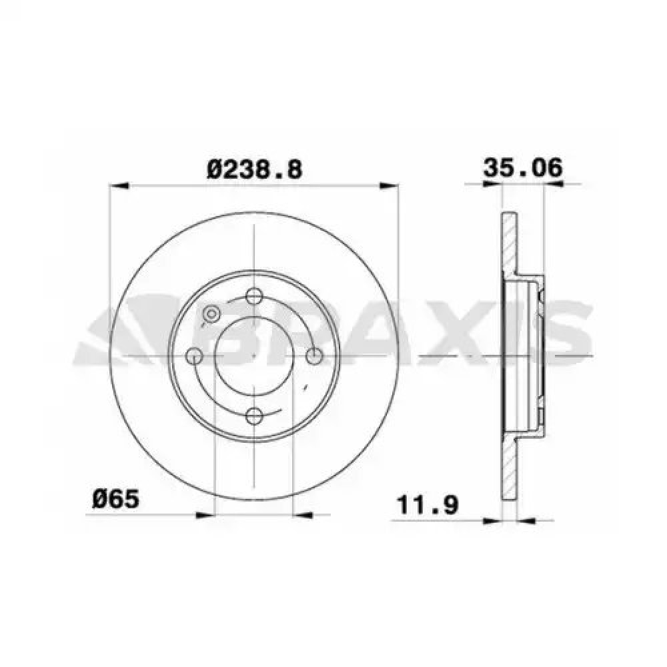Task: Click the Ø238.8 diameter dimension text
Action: [x=254, y=169]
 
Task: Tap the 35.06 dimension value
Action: [x=522, y=167]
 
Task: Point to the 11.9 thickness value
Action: [x=427, y=505]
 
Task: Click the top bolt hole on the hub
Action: [x=254, y=295]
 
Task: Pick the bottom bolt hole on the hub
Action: [x=254, y=416]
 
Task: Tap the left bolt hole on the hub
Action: [x=194, y=356]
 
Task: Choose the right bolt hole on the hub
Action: [x=314, y=356]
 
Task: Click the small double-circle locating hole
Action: [x=211, y=314]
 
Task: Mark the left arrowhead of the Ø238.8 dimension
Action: [x=119, y=185]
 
